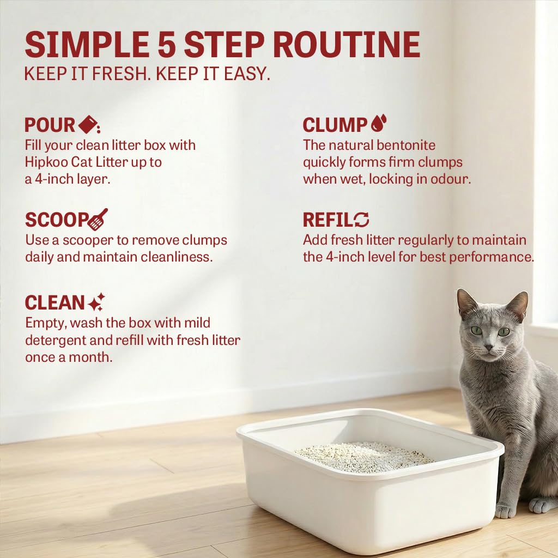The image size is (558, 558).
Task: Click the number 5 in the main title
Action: [167, 45]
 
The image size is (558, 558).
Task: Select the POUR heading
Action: [50, 125]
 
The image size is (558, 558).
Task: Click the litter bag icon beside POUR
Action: [88, 124]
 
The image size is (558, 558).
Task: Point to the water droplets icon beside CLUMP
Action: [379, 123]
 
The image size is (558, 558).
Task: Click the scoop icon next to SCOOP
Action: [98, 219]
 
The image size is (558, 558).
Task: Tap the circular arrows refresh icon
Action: [362, 220]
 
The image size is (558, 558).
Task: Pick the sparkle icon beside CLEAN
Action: [96, 302]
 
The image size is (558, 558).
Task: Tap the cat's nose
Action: [489, 346]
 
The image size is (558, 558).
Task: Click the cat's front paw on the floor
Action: [505, 511]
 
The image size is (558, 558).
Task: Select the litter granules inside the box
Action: [363, 457]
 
